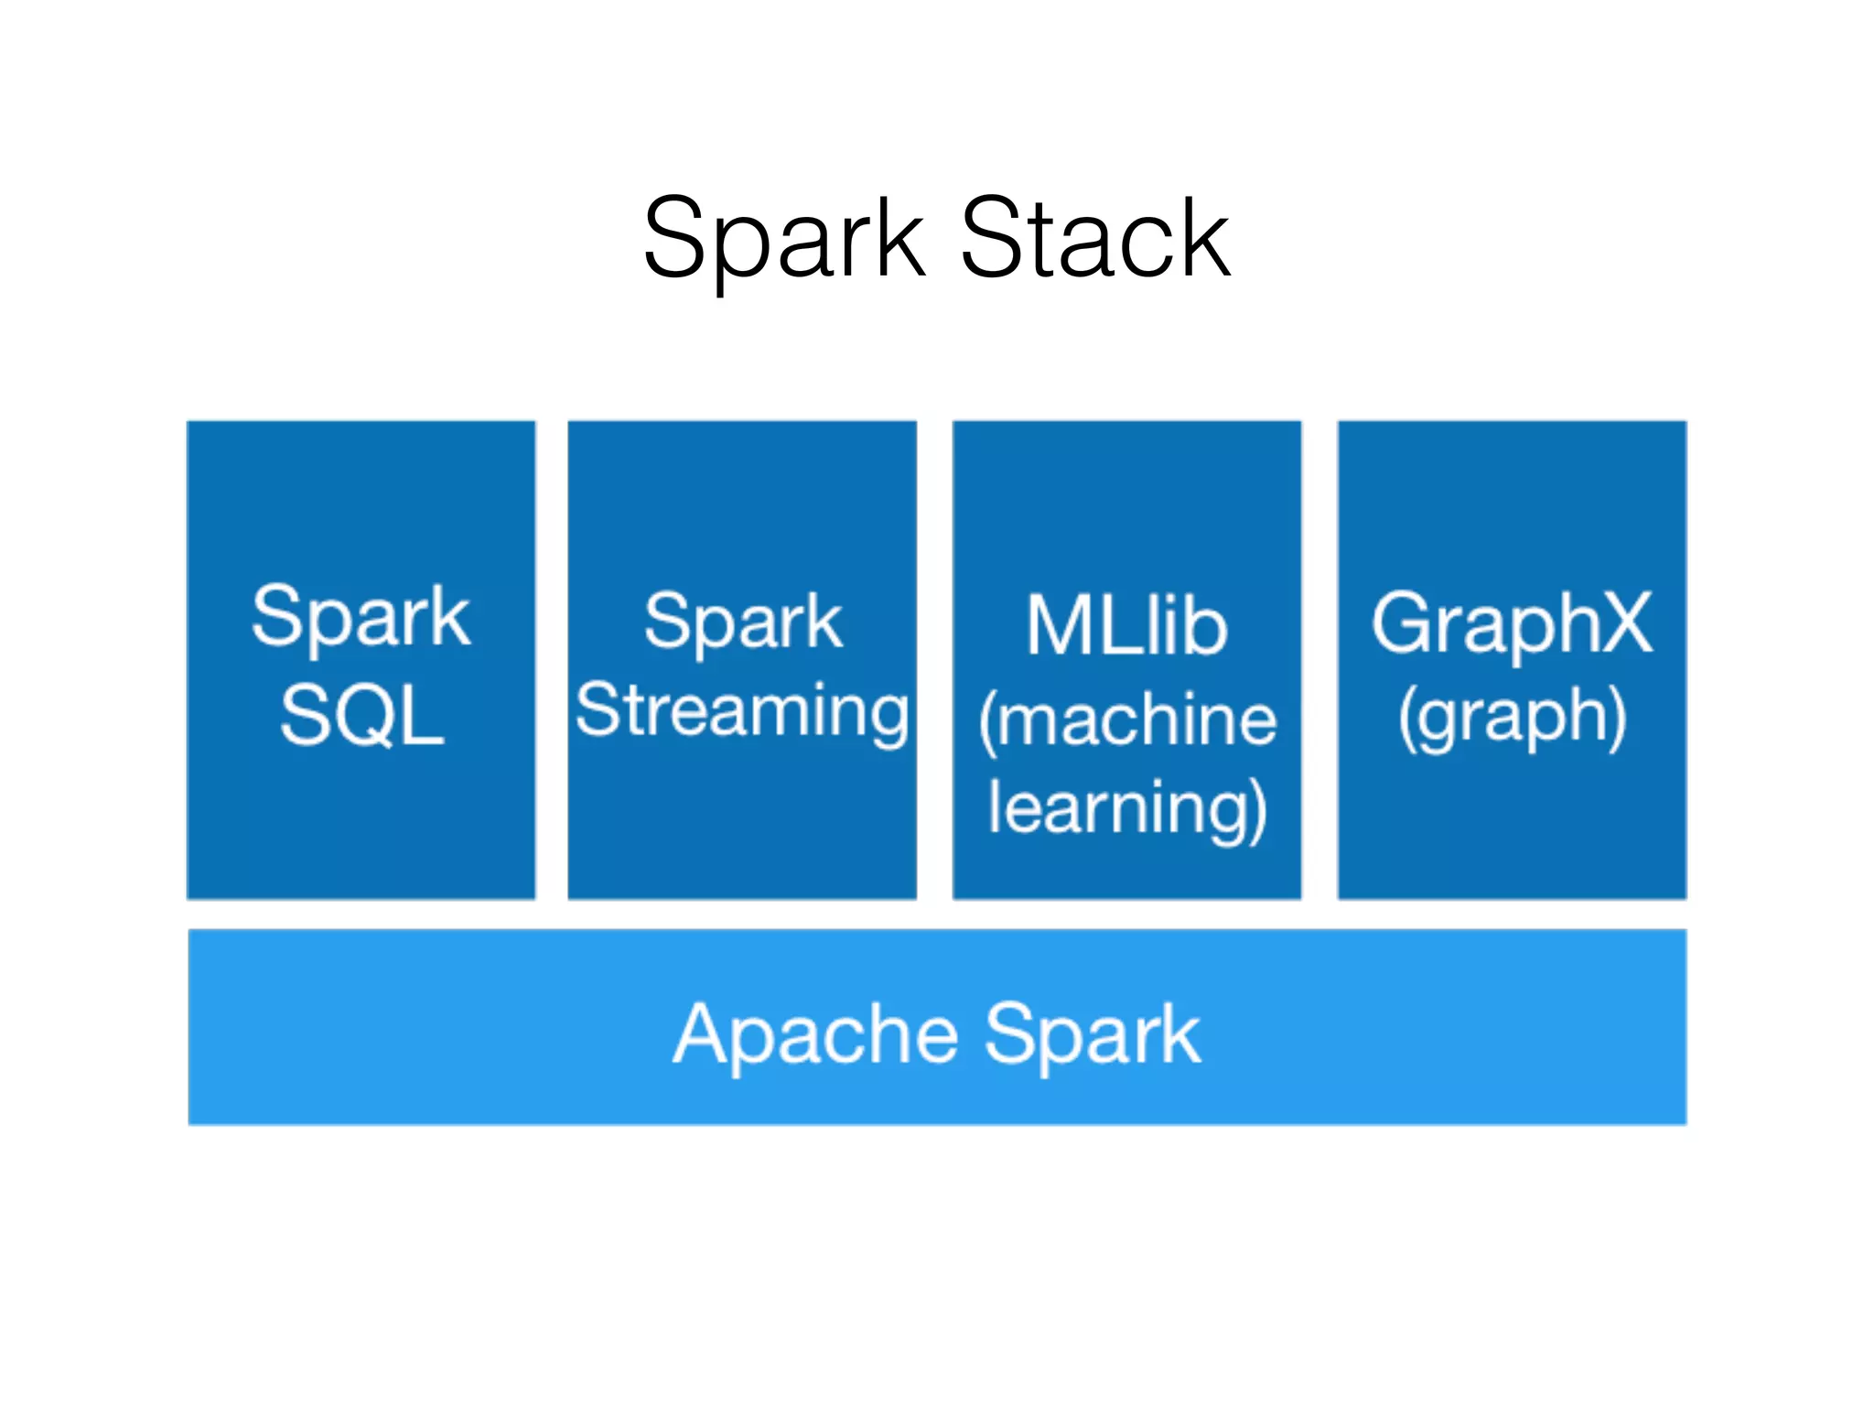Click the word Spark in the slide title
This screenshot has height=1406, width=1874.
(783, 240)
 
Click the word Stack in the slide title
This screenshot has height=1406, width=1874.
(1094, 240)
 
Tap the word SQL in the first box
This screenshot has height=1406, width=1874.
(361, 716)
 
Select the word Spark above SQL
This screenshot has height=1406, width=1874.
(361, 617)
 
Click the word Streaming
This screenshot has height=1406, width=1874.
(742, 712)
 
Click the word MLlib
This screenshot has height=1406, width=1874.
(1125, 626)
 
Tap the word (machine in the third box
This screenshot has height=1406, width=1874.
(1126, 721)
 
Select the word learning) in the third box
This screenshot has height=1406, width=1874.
(1126, 809)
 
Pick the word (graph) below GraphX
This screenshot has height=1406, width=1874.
(1512, 718)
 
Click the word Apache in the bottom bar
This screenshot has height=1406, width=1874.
(815, 1034)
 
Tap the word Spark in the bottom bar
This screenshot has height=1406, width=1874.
(1092, 1034)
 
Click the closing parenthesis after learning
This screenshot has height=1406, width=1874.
(1257, 811)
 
